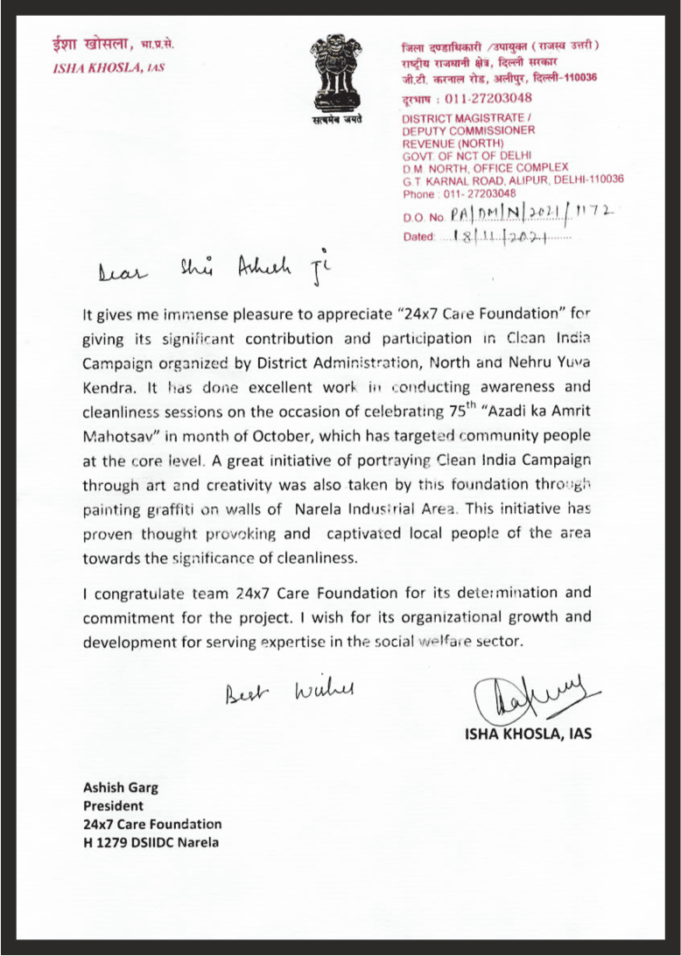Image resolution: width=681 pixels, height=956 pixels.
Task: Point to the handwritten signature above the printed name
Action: (x=526, y=697)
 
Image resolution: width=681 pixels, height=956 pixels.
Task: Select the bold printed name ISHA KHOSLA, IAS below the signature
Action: (x=528, y=734)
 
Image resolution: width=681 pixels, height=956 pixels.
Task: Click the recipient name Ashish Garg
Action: (x=121, y=786)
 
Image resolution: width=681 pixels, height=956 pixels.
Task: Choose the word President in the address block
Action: (x=113, y=805)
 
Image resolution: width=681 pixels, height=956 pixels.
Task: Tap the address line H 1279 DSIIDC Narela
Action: (x=151, y=843)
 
